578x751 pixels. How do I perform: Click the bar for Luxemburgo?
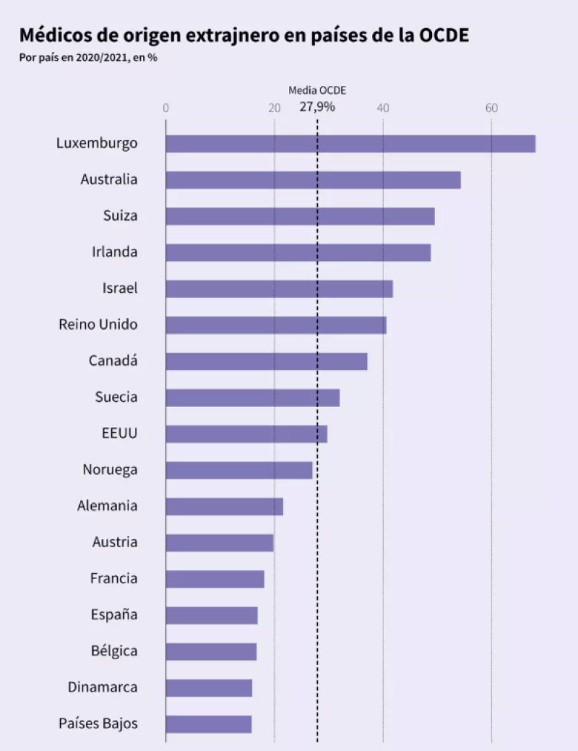350,143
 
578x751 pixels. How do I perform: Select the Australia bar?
313,179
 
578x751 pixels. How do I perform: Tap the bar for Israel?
279,288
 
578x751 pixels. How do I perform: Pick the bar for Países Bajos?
209,724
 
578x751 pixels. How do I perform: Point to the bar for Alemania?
224,506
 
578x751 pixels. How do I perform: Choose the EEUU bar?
246,434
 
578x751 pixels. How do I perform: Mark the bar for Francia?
215,579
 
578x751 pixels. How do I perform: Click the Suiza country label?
120,215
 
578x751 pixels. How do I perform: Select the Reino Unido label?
98,325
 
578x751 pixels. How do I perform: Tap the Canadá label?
113,361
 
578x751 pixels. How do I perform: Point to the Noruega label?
110,470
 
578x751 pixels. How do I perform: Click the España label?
114,615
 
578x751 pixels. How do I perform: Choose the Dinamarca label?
103,687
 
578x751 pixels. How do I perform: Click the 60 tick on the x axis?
491,108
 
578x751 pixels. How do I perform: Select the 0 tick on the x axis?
166,108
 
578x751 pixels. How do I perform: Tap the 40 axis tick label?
383,108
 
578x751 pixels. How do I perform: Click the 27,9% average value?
317,107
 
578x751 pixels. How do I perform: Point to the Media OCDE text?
317,90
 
